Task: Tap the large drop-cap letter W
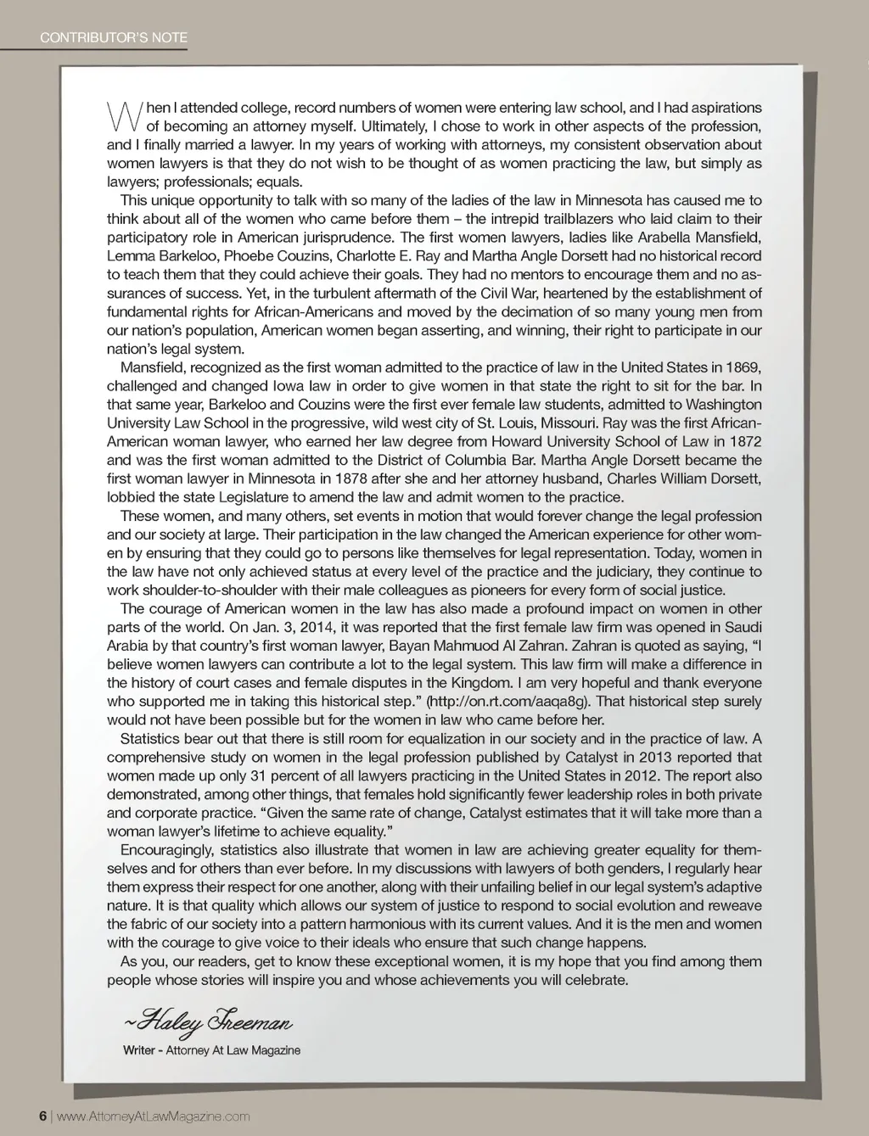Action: point(121,116)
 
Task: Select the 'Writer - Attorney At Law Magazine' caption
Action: point(211,1050)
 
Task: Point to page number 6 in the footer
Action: point(42,1116)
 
